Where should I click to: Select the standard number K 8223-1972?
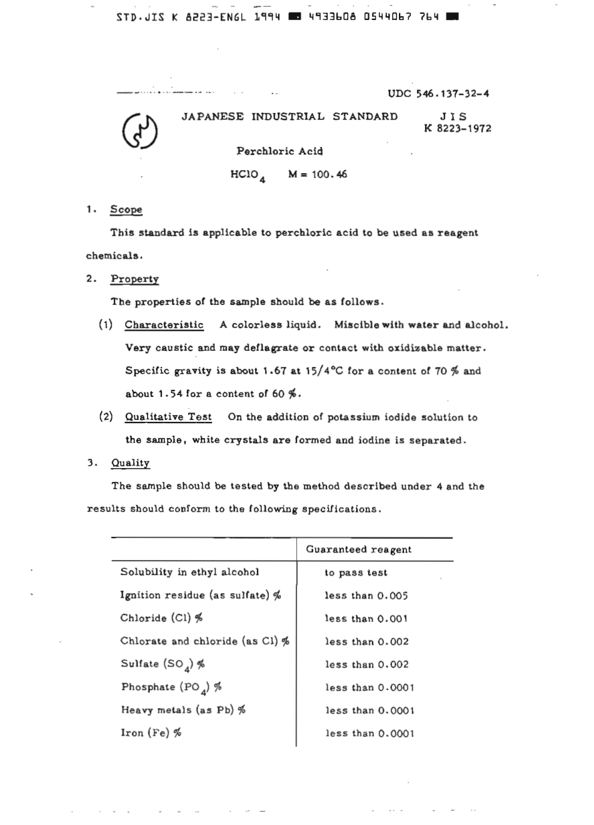[x=457, y=129]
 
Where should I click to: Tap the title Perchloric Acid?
[x=279, y=151]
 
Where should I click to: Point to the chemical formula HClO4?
[x=248, y=176]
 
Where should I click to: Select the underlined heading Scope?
[x=126, y=210]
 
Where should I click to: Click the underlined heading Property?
[x=134, y=279]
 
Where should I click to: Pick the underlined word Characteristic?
[x=164, y=325]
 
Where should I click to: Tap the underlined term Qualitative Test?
[x=168, y=417]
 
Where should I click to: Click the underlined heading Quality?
[x=130, y=463]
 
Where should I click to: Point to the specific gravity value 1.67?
[x=274, y=371]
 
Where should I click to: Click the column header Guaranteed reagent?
[x=358, y=550]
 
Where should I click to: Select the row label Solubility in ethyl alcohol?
[x=189, y=572]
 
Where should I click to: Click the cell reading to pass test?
[x=356, y=573]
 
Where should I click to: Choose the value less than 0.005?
[x=366, y=596]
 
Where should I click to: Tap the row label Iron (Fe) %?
[x=151, y=733]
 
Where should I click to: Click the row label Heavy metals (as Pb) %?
[x=183, y=710]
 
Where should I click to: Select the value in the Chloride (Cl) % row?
[x=366, y=619]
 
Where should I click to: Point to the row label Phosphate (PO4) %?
[x=171, y=687]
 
